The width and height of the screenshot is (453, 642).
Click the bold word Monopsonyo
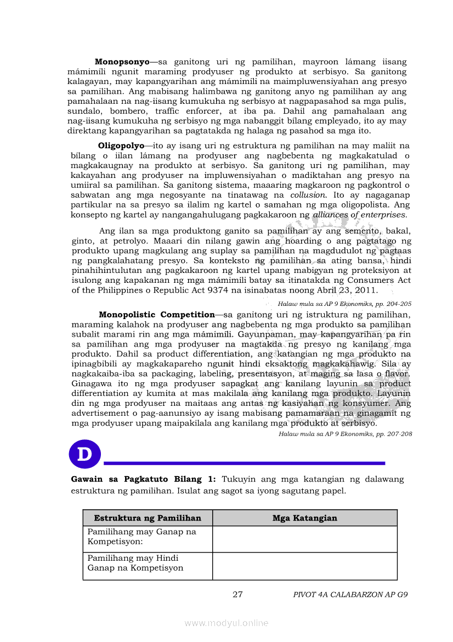[x=122, y=62]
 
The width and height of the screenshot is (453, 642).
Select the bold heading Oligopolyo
[x=121, y=146]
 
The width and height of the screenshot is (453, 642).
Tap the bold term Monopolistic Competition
[x=156, y=315]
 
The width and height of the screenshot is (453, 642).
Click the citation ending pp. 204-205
[x=344, y=303]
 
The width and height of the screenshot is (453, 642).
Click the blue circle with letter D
[x=85, y=454]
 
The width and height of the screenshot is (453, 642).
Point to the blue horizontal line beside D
[x=245, y=463]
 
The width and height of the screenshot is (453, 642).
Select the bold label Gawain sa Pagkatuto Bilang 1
[x=144, y=479]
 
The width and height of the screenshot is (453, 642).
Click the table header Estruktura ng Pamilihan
[x=148, y=518]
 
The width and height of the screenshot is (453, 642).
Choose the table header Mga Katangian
[x=304, y=518]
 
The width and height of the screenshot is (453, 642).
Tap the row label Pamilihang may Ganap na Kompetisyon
[x=142, y=537]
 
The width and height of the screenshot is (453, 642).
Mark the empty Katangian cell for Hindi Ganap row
[x=304, y=566]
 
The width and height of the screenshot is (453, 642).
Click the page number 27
[x=237, y=594]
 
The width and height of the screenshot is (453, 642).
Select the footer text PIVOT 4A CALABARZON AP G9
[x=350, y=594]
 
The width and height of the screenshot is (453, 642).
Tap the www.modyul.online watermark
[x=226, y=623]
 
